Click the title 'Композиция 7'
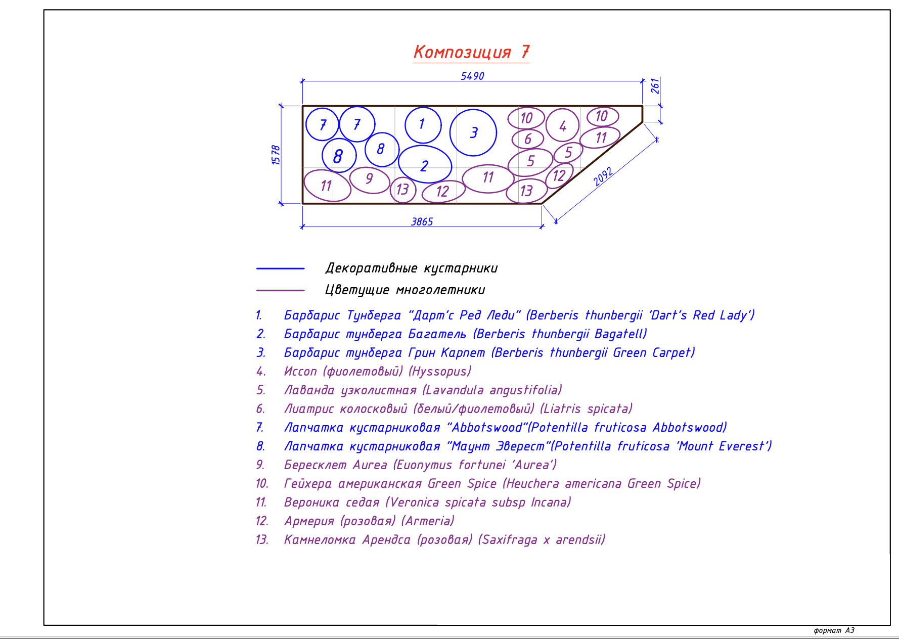pos(471,52)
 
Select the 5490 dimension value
pos(472,76)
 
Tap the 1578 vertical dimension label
pos(276,155)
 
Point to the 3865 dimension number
pos(422,221)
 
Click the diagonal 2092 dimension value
pos(603,176)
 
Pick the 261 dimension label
pos(655,86)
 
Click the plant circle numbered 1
pos(423,125)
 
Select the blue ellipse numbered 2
pos(425,164)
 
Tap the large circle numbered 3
pos(473,132)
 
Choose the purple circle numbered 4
pos(562,125)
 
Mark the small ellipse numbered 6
pos(527,139)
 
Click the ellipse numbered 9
pos(369,179)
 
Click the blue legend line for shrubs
pos(280,268)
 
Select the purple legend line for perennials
pos(280,290)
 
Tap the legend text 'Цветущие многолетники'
pos(405,290)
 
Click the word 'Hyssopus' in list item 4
pos(440,372)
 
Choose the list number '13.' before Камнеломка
pos(261,540)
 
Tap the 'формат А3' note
pos(834,630)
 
